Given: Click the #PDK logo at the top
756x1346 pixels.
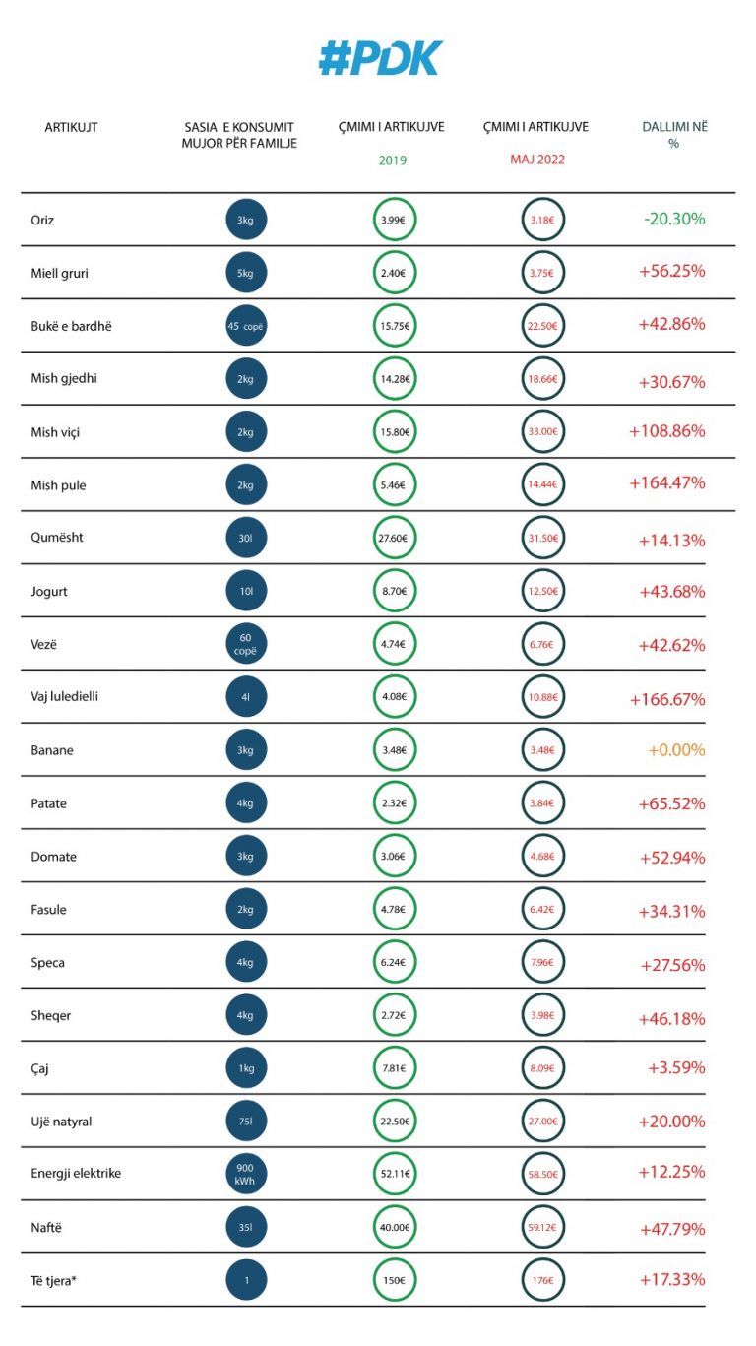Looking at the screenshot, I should coord(380,59).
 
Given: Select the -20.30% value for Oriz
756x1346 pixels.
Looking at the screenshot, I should coord(674,220).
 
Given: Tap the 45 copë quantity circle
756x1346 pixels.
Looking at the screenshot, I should coord(246,326).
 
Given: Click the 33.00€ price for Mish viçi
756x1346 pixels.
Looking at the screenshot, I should coord(542,431).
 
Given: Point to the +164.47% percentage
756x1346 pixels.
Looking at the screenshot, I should coord(668,483).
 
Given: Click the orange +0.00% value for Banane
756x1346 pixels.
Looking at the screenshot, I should coord(676,750).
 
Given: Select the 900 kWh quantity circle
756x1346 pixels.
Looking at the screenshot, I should coord(246,1174).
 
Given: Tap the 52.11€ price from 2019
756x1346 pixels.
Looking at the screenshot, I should coord(395,1174).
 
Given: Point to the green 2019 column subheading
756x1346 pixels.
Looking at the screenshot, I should coord(392,160).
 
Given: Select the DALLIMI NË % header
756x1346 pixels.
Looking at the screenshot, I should coord(674,135).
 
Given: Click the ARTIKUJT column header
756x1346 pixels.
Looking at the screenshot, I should coord(72,127).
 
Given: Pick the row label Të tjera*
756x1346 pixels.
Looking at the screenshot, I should coord(54,1280).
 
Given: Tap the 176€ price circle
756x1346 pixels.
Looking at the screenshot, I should coord(542,1280).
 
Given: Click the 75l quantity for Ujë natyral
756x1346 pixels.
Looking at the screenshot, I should coord(246,1121).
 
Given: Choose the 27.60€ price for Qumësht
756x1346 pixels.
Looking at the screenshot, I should coord(395,539).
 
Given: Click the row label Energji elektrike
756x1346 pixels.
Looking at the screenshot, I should coord(76,1174).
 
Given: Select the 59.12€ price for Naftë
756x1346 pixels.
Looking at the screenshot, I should coord(542,1227).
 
